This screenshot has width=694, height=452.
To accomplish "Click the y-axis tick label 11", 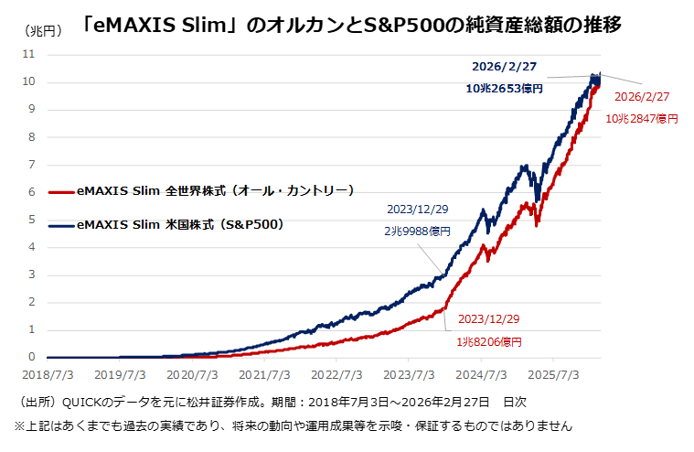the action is point(28,54).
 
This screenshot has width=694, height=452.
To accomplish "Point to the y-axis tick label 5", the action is point(31,220).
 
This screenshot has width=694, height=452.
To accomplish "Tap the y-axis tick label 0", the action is point(31,357).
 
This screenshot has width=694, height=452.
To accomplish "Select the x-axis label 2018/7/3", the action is point(48,375).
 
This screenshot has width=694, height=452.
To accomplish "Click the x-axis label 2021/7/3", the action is point(264,375).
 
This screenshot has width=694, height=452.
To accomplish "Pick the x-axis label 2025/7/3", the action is point(553,375).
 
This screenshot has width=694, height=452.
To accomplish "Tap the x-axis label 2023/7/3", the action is point(409,375).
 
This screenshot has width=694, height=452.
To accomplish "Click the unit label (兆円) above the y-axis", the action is point(42,30).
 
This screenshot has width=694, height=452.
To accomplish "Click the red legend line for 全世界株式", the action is point(61,192).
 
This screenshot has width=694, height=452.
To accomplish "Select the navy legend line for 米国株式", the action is point(61,226).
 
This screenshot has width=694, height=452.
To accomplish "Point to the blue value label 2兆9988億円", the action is point(417,231).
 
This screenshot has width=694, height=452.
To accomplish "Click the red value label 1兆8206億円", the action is point(489,342).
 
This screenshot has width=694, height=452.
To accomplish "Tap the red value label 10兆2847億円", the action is point(642,119).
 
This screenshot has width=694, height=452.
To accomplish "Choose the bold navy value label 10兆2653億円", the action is point(504,89).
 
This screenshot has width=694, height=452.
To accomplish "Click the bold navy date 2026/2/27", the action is point(504,67).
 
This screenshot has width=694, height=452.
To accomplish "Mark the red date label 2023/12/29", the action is point(488,319).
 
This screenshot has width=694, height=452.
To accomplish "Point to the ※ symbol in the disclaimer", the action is point(20,425).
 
